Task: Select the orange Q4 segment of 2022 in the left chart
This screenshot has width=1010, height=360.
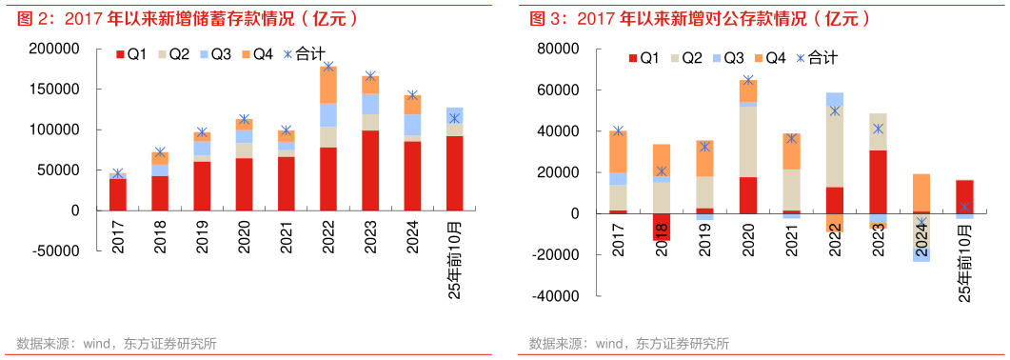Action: (328, 84)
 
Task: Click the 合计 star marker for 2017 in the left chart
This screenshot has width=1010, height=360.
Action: (118, 174)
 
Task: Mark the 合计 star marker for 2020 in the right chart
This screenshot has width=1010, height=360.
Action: (748, 81)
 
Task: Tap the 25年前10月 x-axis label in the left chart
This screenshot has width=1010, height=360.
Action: (454, 258)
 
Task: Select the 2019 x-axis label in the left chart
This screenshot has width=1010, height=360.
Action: (202, 238)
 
